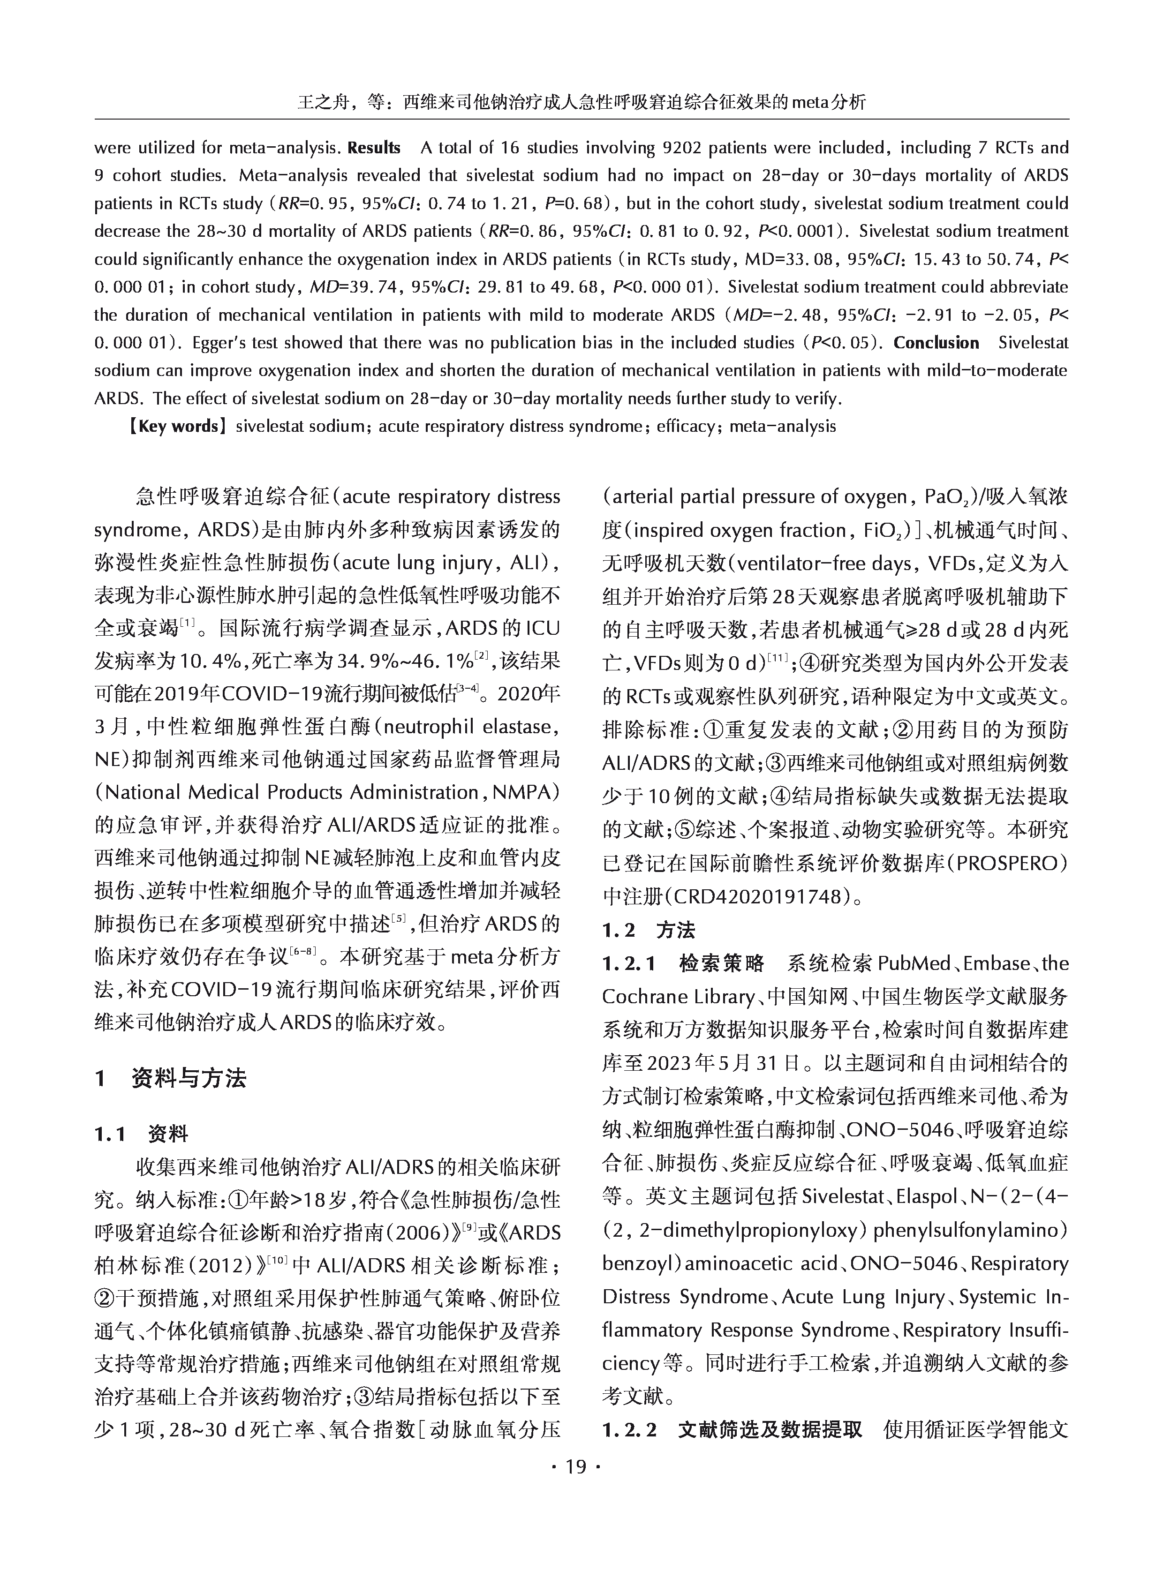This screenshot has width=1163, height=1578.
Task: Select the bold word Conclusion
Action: [936, 343]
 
